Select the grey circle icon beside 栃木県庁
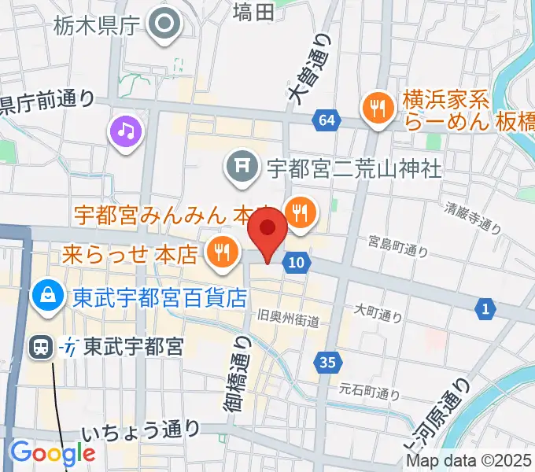click(166, 24)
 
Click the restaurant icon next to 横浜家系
click(379, 110)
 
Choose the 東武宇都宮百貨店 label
click(160, 298)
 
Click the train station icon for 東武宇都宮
click(41, 347)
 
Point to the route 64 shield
click(327, 121)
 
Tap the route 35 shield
click(330, 363)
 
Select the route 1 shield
click(485, 309)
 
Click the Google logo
click(52, 453)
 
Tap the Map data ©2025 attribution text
click(469, 461)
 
